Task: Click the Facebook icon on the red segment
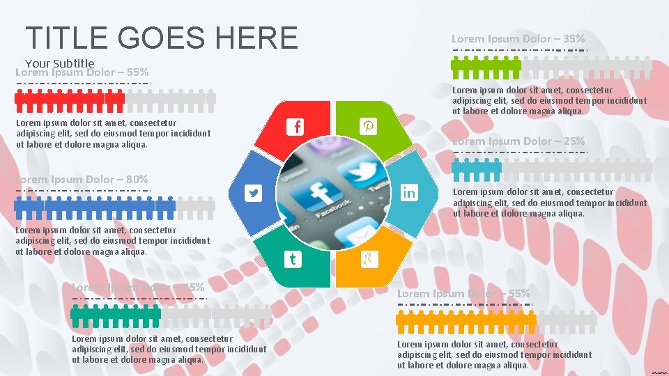click(297, 127)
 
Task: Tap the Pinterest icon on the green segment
click(368, 126)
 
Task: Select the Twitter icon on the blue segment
click(254, 194)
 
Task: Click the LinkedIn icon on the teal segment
click(409, 193)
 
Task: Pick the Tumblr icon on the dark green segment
click(293, 260)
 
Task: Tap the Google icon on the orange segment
click(368, 260)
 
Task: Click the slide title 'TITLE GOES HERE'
click(161, 37)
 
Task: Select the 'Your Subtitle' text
click(59, 63)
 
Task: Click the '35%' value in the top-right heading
click(573, 39)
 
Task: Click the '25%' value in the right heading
click(574, 141)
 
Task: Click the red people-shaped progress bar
click(70, 100)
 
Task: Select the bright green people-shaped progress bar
click(486, 67)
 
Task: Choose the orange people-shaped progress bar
click(466, 322)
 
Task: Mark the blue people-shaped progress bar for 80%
click(95, 204)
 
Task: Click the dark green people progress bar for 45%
click(116, 314)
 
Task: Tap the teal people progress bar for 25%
click(477, 167)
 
